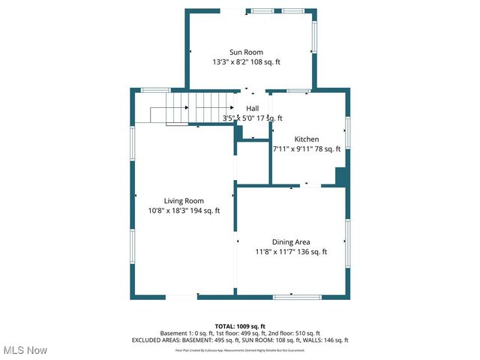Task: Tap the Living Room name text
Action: coord(184,200)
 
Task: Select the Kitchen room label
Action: coord(307,139)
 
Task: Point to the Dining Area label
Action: coord(291,241)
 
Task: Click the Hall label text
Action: coord(253,109)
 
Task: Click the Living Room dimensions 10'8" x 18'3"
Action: coord(184,211)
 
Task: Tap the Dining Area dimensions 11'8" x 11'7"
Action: coord(291,252)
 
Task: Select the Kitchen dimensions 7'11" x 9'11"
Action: coord(307,149)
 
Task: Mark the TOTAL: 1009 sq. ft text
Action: coord(240,326)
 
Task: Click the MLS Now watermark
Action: coord(25,350)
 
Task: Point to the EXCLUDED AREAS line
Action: coord(240,340)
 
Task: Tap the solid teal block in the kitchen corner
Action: coord(340,177)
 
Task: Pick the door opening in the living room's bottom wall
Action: coord(181,298)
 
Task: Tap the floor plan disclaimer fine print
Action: coord(240,350)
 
